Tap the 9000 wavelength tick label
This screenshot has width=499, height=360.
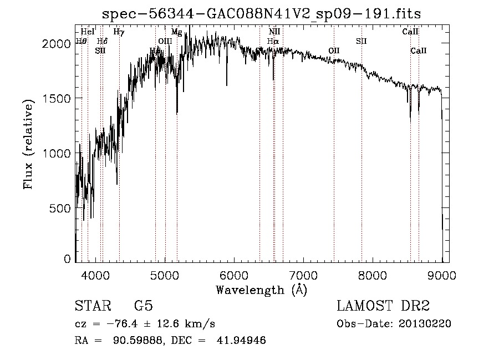point(442,275)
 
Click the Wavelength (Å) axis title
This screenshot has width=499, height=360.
point(261,290)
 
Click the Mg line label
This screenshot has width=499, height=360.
point(176,32)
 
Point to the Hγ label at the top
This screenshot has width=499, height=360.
point(119,32)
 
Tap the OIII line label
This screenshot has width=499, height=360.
point(165,41)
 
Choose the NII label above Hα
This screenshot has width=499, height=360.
point(274,32)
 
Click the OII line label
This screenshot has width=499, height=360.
point(334,50)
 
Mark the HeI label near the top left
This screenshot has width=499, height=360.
point(88,32)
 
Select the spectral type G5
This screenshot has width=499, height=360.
point(144,306)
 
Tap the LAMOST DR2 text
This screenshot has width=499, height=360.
point(383,306)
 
